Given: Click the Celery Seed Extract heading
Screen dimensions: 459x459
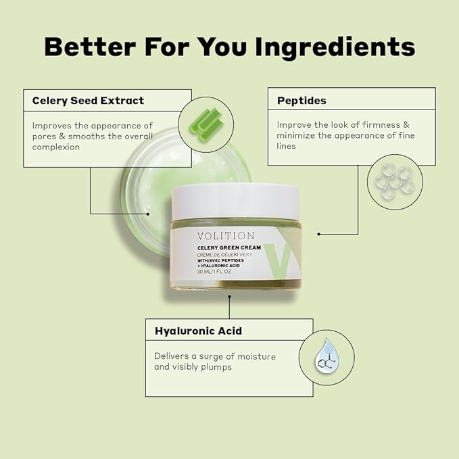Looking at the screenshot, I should click(x=88, y=101).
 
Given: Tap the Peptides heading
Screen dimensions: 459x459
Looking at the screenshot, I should click(x=301, y=101).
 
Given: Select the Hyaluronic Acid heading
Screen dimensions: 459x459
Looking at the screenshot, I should click(x=198, y=331).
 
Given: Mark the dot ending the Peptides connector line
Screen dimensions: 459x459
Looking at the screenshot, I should click(x=319, y=234).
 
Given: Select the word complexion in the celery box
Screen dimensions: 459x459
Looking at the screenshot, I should click(x=56, y=147).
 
